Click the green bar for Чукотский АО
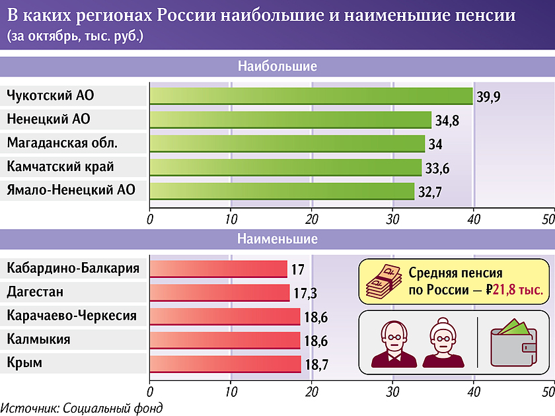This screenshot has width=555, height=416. click(x=311, y=96)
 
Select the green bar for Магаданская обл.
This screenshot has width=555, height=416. click(x=287, y=143)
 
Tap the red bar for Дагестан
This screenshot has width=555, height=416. click(x=219, y=293)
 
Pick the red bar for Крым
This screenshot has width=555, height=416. click(x=225, y=364)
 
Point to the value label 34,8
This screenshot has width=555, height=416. click(x=447, y=121)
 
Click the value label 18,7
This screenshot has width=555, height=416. click(x=316, y=364)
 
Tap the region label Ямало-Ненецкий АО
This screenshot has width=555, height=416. click(x=71, y=191)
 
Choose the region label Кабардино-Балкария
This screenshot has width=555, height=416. click(x=73, y=268)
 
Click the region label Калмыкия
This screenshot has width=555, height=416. click(x=38, y=339)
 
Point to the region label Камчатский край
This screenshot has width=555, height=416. click(x=60, y=167)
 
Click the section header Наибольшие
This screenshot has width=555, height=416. click(x=277, y=67)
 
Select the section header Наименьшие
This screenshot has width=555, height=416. click(x=277, y=239)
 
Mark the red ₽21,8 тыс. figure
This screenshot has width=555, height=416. click(x=513, y=290)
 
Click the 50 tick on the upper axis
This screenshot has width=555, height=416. click(x=548, y=219)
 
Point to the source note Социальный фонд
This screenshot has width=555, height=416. click(x=81, y=408)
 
